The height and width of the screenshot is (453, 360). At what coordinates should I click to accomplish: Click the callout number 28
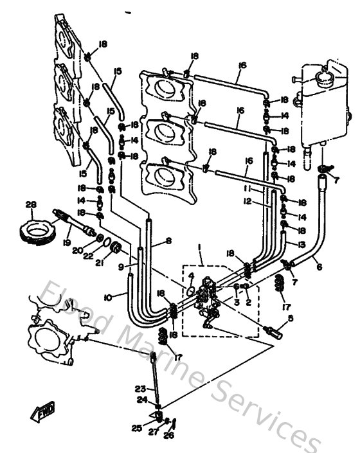pos(30,204)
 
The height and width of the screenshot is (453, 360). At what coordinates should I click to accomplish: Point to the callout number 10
pos(107,297)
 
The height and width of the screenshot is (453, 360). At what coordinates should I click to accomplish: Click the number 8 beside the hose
pos(168,241)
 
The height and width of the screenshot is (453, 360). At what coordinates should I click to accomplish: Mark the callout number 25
pos(136,428)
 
